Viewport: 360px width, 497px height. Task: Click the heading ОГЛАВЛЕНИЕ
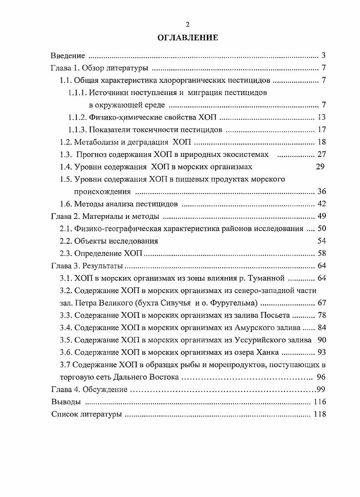tap(187, 38)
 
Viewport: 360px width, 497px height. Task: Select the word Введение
tap(67, 56)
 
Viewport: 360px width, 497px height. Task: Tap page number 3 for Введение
tap(323, 56)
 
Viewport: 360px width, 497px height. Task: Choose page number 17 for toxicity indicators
tap(322, 130)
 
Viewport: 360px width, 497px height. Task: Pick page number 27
tap(322, 154)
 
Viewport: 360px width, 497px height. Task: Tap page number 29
tap(320, 166)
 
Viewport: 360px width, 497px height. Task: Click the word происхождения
tap(103, 191)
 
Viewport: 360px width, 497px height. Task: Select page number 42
tap(322, 203)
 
